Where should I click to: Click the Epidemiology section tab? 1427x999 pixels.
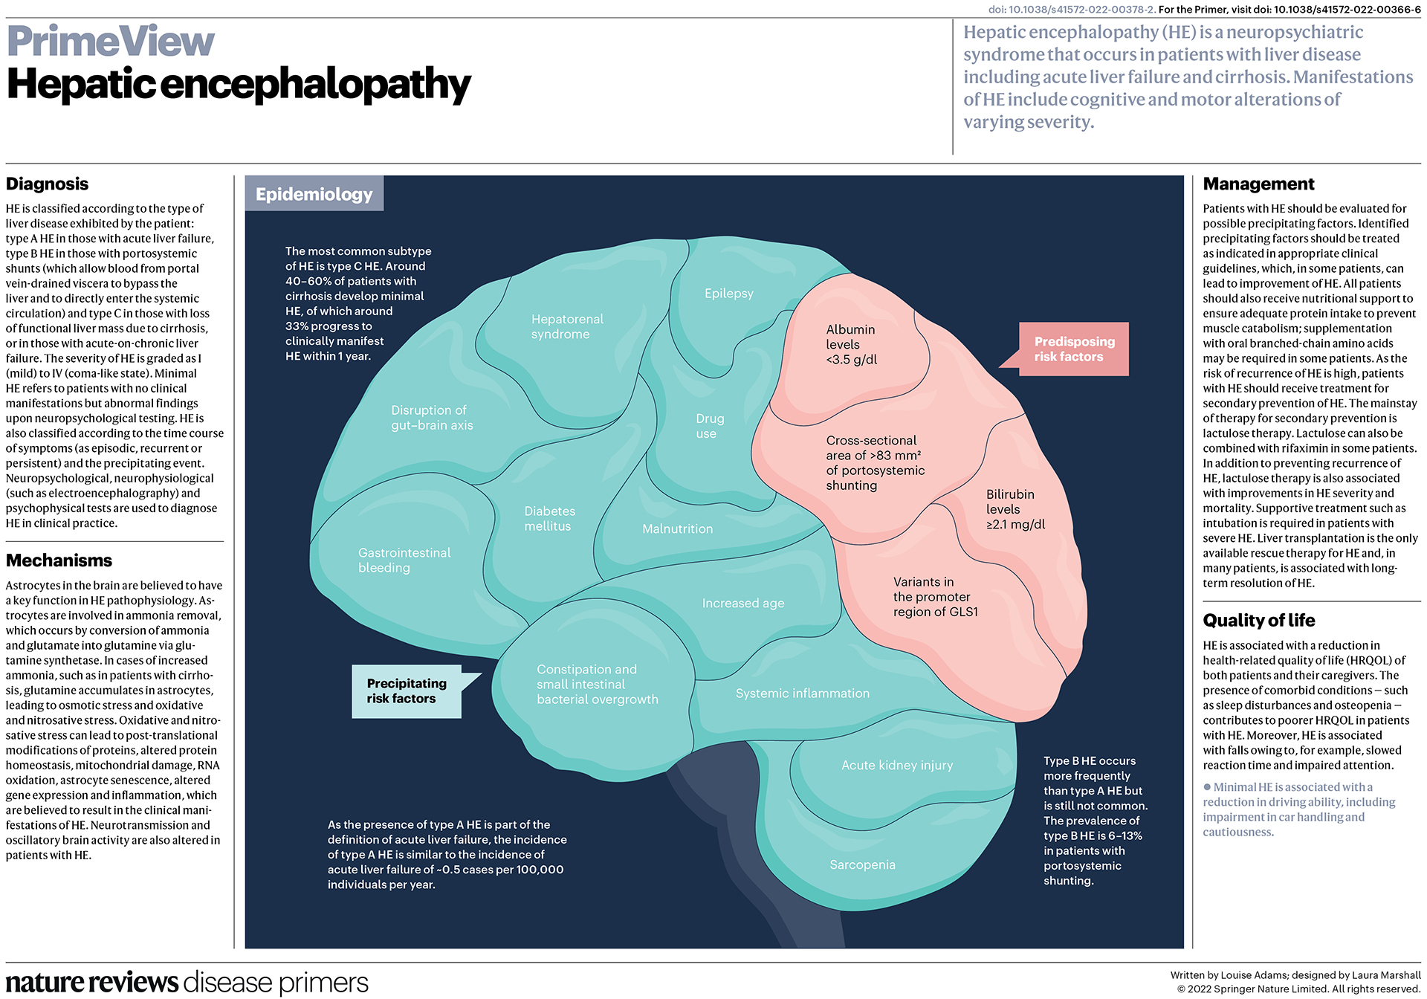coord(314,194)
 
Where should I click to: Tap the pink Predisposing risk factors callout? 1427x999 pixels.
coord(1073,349)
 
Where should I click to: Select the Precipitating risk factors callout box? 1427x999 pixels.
coord(406,691)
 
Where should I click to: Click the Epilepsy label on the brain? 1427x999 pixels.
coord(728,294)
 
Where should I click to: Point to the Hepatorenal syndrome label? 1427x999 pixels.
coord(566,327)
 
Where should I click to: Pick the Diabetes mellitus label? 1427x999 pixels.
coord(549,519)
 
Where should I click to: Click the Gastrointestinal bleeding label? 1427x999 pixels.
coord(404,560)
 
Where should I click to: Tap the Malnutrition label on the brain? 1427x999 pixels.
coord(677,529)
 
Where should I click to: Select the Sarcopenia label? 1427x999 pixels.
coord(862,865)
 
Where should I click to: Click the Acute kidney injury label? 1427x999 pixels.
coord(896,766)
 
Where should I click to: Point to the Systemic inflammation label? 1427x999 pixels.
coord(802,694)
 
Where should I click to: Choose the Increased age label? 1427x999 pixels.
coord(742,604)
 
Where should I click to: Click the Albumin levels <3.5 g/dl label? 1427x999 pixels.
coord(851,345)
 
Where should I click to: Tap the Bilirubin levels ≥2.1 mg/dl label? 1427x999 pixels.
coord(1015,510)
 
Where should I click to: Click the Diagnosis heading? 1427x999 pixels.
coord(47,184)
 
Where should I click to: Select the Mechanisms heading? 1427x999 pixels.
coord(59,560)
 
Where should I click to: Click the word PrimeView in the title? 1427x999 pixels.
coord(111,41)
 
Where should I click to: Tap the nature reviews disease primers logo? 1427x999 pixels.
coord(187,983)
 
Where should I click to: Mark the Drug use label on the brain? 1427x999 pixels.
coord(709,427)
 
